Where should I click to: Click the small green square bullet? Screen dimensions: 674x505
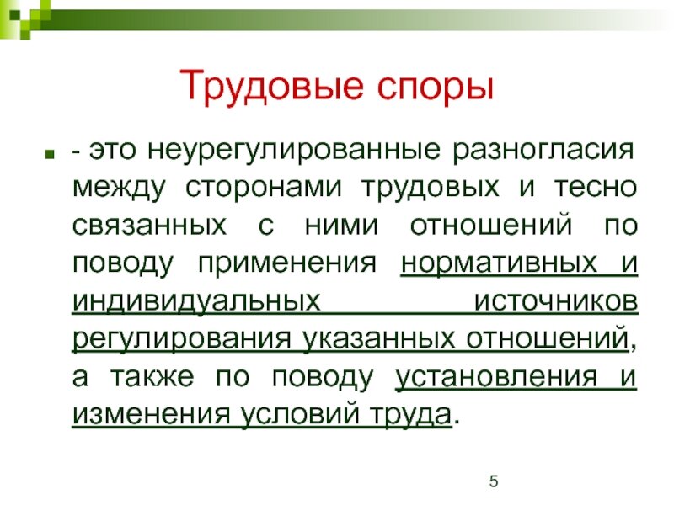(50, 153)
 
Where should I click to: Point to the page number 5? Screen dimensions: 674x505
(494, 481)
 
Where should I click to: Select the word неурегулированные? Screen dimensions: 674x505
(294, 151)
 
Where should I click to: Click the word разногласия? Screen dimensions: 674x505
(543, 151)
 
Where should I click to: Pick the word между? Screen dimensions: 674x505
(119, 189)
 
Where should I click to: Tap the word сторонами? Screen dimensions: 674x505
(264, 188)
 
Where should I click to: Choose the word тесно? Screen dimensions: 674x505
(596, 188)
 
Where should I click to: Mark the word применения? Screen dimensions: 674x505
(286, 263)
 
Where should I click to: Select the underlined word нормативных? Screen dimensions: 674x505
(499, 263)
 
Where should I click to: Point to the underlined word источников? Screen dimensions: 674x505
(556, 301)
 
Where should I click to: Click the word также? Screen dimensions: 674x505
(152, 377)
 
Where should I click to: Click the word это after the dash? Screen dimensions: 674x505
(112, 151)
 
